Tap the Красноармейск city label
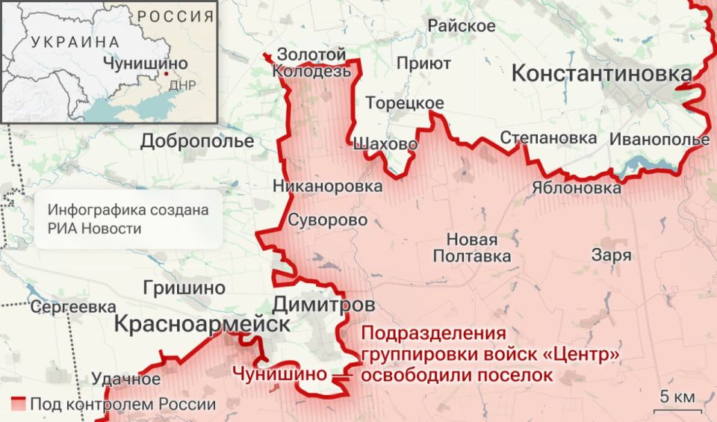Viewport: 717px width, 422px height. coord(202,324)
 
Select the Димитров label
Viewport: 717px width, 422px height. coord(323,305)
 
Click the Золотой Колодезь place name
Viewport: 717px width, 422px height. coord(311,63)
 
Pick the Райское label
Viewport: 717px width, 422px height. coord(462,26)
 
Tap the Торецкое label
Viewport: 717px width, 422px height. coord(405,103)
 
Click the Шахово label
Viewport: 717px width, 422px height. coord(384,144)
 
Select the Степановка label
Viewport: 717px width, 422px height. coord(549,138)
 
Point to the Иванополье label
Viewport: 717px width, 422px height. coord(659,140)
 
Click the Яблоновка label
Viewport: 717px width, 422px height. coord(577,188)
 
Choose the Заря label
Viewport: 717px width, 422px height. coord(611,255)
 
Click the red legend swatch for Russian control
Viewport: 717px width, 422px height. coord(19,404)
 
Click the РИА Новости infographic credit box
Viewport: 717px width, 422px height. coord(127,219)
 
